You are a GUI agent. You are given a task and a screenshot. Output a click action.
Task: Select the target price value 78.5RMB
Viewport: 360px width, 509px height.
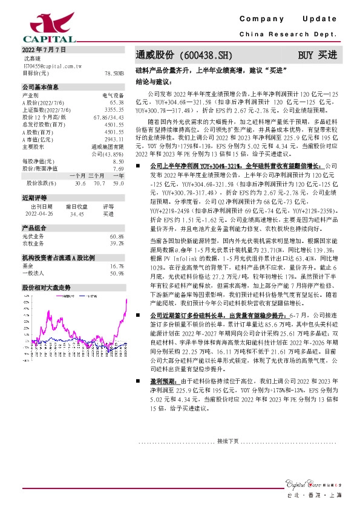(114, 73)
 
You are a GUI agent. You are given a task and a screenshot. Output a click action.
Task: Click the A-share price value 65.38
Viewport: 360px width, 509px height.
(117, 103)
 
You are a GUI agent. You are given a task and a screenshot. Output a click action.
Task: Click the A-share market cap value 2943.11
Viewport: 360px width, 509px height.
(114, 139)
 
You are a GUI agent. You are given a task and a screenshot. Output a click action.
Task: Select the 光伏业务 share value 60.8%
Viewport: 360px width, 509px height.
(117, 236)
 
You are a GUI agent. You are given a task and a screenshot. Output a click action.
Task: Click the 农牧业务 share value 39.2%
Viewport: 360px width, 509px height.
(117, 243)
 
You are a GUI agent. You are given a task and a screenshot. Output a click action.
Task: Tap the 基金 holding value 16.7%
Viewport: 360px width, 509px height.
(117, 265)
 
